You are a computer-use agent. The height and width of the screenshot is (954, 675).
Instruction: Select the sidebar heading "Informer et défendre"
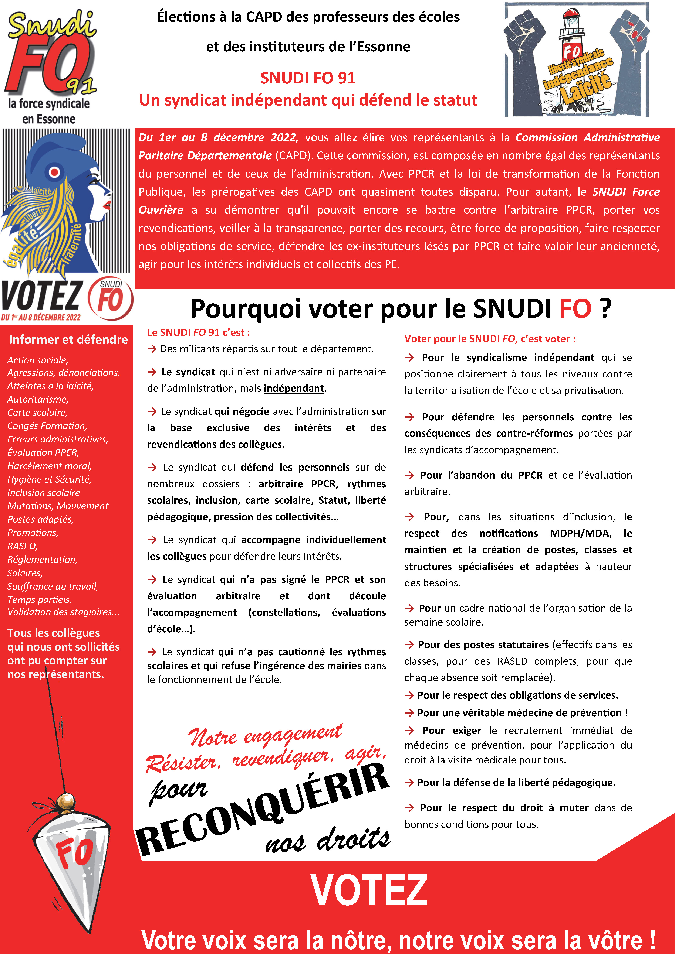pyautogui.click(x=68, y=339)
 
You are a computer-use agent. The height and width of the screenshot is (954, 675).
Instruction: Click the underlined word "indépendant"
pyautogui.click(x=294, y=388)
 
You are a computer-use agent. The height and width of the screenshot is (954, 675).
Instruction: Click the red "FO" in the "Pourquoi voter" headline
pyautogui.click(x=575, y=309)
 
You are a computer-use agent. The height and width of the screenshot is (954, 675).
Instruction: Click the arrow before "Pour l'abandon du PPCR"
pyautogui.click(x=410, y=475)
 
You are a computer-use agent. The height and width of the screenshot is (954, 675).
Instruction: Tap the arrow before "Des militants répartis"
pyautogui.click(x=152, y=349)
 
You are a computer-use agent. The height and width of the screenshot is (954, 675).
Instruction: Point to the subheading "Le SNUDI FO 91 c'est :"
pyautogui.click(x=198, y=332)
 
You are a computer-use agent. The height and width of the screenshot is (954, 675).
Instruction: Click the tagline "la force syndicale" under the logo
pyautogui.click(x=49, y=103)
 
